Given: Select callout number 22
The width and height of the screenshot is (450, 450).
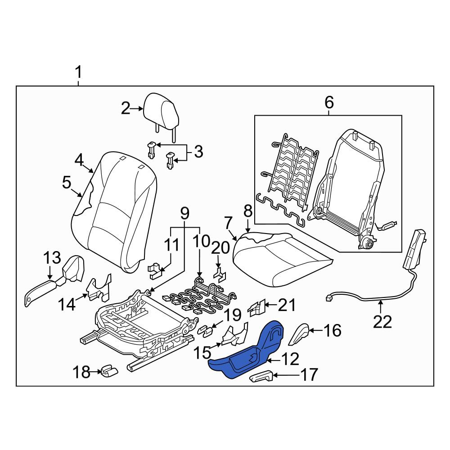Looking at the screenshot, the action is pos(382,322).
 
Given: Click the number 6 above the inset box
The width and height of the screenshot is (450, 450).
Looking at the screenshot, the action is pos(329,102).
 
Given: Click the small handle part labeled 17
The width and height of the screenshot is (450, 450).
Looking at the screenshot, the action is pos(261,376).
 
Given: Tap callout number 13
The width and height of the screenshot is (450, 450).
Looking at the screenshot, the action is pos(52,258).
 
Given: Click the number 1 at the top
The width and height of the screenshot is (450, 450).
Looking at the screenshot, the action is pos(78,72).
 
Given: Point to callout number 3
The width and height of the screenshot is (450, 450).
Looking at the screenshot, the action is pos(198,152).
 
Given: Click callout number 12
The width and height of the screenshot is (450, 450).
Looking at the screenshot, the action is pos(290,359).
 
